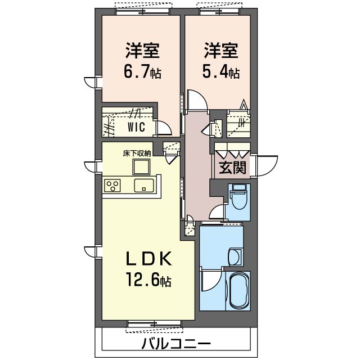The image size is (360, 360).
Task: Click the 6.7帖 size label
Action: (x=142, y=71)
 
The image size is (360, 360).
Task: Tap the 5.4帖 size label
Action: (x=221, y=71)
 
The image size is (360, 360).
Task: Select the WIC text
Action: (x=136, y=127)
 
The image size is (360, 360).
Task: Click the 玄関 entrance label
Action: (x=232, y=168)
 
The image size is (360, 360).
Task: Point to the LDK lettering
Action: (x=148, y=259)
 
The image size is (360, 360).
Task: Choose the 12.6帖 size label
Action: (x=148, y=280)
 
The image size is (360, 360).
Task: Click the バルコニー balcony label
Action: (x=176, y=344)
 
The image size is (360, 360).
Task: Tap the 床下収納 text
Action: (x=137, y=154)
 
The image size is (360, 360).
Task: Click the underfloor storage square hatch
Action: (x=141, y=167)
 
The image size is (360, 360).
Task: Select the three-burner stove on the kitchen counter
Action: (x=112, y=186)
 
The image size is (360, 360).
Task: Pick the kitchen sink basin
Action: (x=144, y=186)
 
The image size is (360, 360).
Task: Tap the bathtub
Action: (x=239, y=291)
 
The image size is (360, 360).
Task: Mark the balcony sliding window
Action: (x=154, y=324)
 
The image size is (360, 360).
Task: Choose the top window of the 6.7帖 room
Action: (x=143, y=11)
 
